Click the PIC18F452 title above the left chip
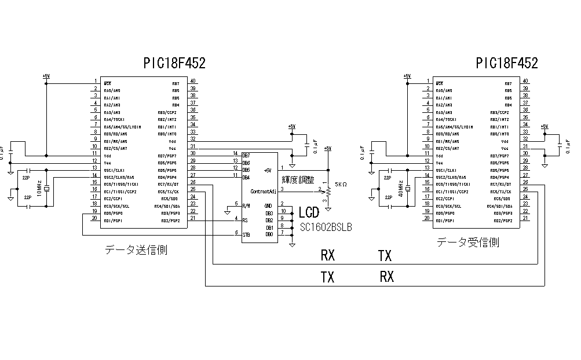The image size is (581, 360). pyautogui.click(x=174, y=63)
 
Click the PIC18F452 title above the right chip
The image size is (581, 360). pyautogui.click(x=507, y=63)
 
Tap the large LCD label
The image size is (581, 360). pyautogui.click(x=309, y=214)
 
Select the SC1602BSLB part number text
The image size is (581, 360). pyautogui.click(x=326, y=228)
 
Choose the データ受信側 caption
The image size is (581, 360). pyautogui.click(x=468, y=243)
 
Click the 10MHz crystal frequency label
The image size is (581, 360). pyautogui.click(x=39, y=189)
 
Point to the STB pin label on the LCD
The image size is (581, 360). pyautogui.click(x=246, y=234)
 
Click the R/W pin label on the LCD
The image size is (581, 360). pyautogui.click(x=247, y=205)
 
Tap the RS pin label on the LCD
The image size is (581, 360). pyautogui.click(x=246, y=220)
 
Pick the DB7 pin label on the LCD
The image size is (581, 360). pyautogui.click(x=247, y=156)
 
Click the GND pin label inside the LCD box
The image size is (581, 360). pyautogui.click(x=268, y=205)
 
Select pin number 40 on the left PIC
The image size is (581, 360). pyautogui.click(x=193, y=82)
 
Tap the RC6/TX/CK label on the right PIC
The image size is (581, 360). pyautogui.click(x=501, y=192)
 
